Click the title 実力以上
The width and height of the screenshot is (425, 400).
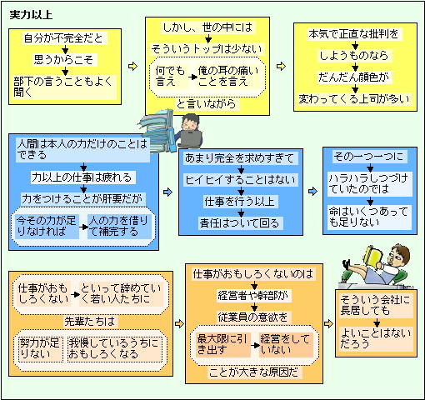[31, 15]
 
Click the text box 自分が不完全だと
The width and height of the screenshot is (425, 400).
[63, 38]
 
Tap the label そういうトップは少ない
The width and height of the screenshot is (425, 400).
[206, 49]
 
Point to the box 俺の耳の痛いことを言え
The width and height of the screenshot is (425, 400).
[228, 77]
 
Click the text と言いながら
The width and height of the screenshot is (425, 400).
[206, 104]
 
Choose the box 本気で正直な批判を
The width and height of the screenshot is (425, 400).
[354, 34]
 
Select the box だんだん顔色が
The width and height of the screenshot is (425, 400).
[354, 77]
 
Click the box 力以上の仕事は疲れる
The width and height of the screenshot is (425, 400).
[82, 177]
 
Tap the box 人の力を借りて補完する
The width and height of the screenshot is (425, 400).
[118, 227]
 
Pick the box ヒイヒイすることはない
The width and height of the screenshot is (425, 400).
[241, 180]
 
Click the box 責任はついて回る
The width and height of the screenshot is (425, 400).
[240, 223]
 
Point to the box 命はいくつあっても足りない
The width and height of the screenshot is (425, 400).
[369, 217]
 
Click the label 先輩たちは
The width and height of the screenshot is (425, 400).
[89, 322]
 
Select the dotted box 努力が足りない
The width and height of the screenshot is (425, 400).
[40, 349]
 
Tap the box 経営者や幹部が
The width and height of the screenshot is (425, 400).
[252, 296]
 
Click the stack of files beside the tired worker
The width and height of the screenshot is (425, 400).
[156, 130]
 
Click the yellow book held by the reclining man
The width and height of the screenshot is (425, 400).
[373, 257]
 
